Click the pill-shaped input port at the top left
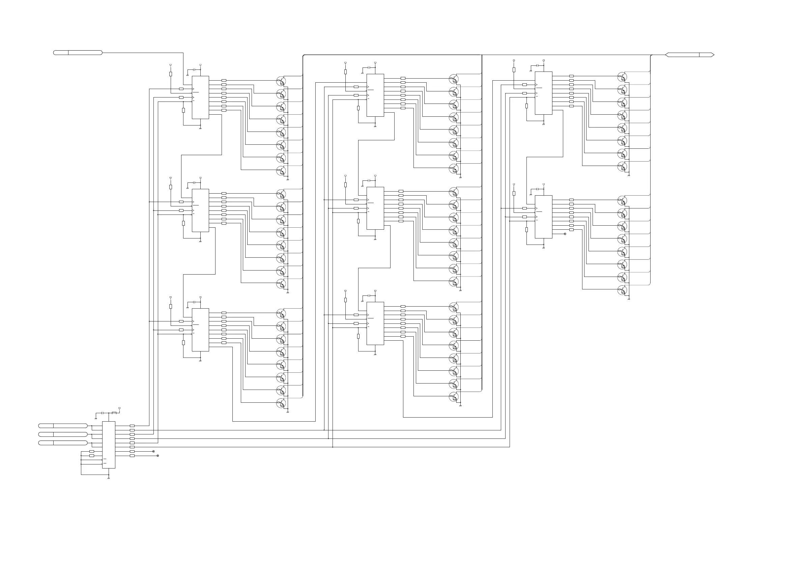(78, 53)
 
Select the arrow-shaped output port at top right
(689, 55)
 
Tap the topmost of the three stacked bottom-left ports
(63, 426)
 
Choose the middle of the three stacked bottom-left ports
(63, 434)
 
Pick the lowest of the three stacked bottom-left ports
(63, 443)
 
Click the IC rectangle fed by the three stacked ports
(108, 445)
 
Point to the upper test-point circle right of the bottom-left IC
(153, 452)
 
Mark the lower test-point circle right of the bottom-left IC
(157, 456)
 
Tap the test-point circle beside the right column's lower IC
(565, 234)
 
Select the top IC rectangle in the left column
(200, 97)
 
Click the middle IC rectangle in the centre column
(375, 208)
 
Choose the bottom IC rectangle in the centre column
(375, 323)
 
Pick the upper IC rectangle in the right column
(544, 93)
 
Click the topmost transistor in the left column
(281, 81)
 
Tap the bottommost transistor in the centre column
(454, 397)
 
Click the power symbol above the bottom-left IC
(120, 408)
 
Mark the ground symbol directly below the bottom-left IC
(108, 478)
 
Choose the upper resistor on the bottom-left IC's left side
(92, 452)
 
